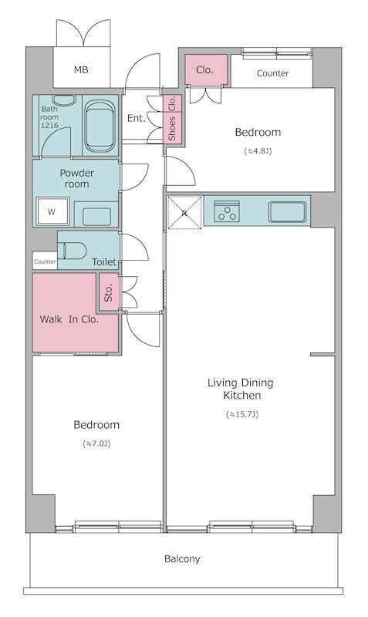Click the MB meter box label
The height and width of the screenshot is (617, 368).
tap(81, 70)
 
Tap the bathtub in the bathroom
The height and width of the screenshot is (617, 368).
tap(100, 125)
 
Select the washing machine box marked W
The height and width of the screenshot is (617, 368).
tap(52, 211)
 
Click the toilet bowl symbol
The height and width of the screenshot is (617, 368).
tap(73, 251)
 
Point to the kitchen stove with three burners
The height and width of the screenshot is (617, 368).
tap(227, 211)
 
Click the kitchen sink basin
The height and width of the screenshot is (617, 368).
tap(287, 211)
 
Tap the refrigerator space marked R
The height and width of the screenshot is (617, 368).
tap(184, 212)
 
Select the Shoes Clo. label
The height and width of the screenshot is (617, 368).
tap(172, 119)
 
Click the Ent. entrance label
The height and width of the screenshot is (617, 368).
tap(137, 118)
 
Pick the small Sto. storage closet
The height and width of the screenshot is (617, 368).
tap(108, 292)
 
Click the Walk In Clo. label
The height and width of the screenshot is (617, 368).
tap(69, 319)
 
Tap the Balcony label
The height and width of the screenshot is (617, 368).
tap(182, 558)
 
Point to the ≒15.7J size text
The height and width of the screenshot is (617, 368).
tap(242, 414)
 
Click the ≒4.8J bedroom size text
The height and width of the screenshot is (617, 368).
tap(258, 151)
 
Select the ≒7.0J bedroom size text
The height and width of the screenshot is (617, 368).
tap(96, 444)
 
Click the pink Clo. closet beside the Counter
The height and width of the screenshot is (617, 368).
tap(206, 69)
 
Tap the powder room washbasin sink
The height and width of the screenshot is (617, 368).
tap(96, 217)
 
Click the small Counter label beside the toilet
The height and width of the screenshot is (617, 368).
tap(45, 261)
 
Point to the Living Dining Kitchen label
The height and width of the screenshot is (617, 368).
tap(241, 389)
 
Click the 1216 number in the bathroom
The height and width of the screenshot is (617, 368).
tap(49, 126)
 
